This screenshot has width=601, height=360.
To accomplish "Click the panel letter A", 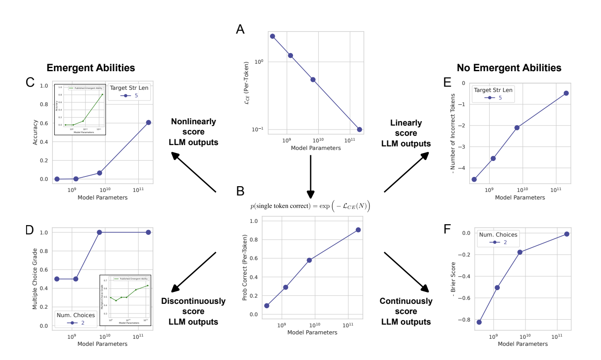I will [x=240, y=30].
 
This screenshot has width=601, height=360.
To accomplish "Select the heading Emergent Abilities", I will [x=91, y=68].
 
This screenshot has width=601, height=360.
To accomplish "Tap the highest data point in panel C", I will [x=148, y=123].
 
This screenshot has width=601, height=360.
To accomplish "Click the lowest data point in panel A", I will [x=359, y=130].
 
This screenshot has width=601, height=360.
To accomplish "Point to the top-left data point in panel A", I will [x=273, y=36].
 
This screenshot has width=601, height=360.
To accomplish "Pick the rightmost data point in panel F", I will [x=567, y=234].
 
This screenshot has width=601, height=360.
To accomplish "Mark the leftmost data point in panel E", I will [x=474, y=179].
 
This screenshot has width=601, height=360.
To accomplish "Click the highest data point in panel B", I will [x=358, y=230].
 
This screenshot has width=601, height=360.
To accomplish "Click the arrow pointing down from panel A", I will [x=311, y=177].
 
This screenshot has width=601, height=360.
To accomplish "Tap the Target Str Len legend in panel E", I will [x=494, y=94].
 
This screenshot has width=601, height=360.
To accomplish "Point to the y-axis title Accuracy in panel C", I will [x=35, y=132].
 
